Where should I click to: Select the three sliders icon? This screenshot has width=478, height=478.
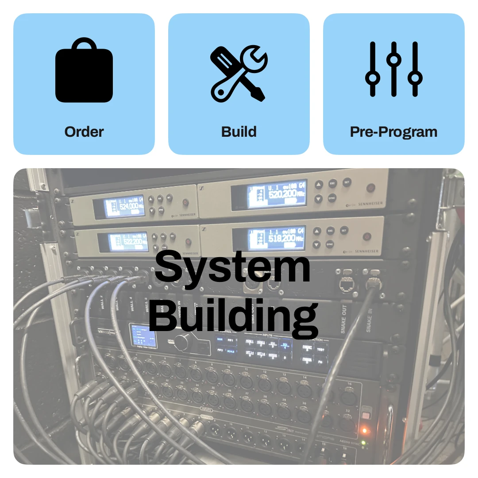point(393,69)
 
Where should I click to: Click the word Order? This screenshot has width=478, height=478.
point(84,131)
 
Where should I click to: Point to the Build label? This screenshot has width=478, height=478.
point(239,131)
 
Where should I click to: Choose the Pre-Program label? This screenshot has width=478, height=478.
point(393,131)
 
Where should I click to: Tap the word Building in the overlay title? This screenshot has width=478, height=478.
point(233,315)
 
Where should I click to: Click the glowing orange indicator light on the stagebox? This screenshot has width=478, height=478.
point(364,430)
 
